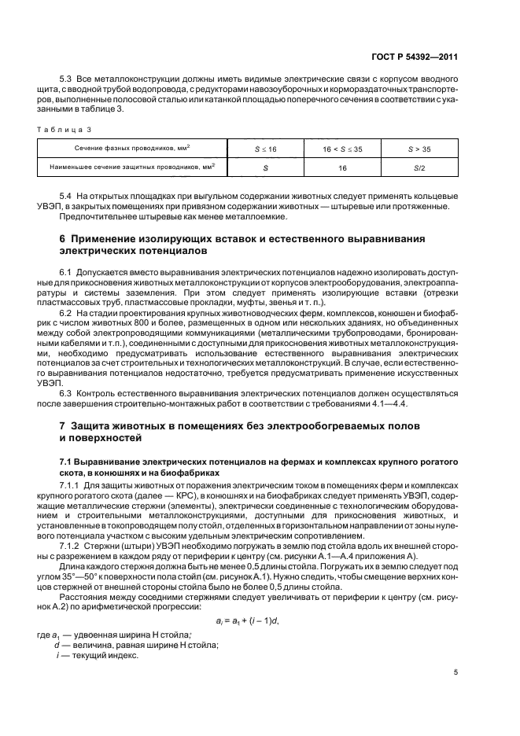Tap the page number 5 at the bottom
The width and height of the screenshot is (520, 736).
pyautogui.click(x=456, y=672)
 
